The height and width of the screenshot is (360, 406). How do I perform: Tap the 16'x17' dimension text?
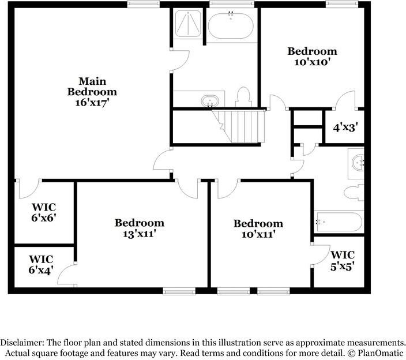point(92,102)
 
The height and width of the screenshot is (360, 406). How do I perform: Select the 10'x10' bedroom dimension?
point(312,62)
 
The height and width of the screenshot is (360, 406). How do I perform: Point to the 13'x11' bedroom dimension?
point(139,234)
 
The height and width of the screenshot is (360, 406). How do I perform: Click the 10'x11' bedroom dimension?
point(258,234)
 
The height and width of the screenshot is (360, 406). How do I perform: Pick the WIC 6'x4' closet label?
point(41,263)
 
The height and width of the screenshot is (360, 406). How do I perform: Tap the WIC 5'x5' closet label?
point(342,260)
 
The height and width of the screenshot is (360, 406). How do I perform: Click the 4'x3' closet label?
point(345,127)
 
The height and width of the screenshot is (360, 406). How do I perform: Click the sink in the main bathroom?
point(210,101)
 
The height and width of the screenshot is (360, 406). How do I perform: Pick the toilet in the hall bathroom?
point(352,192)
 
